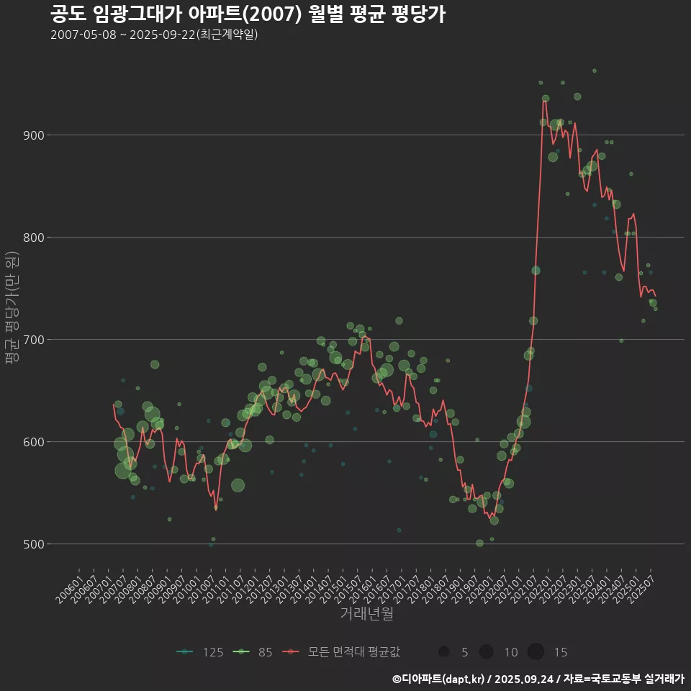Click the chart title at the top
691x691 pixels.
tap(248, 14)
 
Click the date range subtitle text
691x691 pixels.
tap(154, 35)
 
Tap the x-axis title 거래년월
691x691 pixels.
tap(366, 614)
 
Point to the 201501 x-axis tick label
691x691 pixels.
tap(334, 586)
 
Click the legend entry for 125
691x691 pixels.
tap(202, 652)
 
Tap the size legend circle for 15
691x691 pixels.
tap(536, 652)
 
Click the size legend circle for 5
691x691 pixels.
tap(444, 652)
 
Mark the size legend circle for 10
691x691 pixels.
tap(487, 652)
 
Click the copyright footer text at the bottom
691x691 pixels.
tap(538, 678)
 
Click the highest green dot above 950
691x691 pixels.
tap(594, 71)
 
